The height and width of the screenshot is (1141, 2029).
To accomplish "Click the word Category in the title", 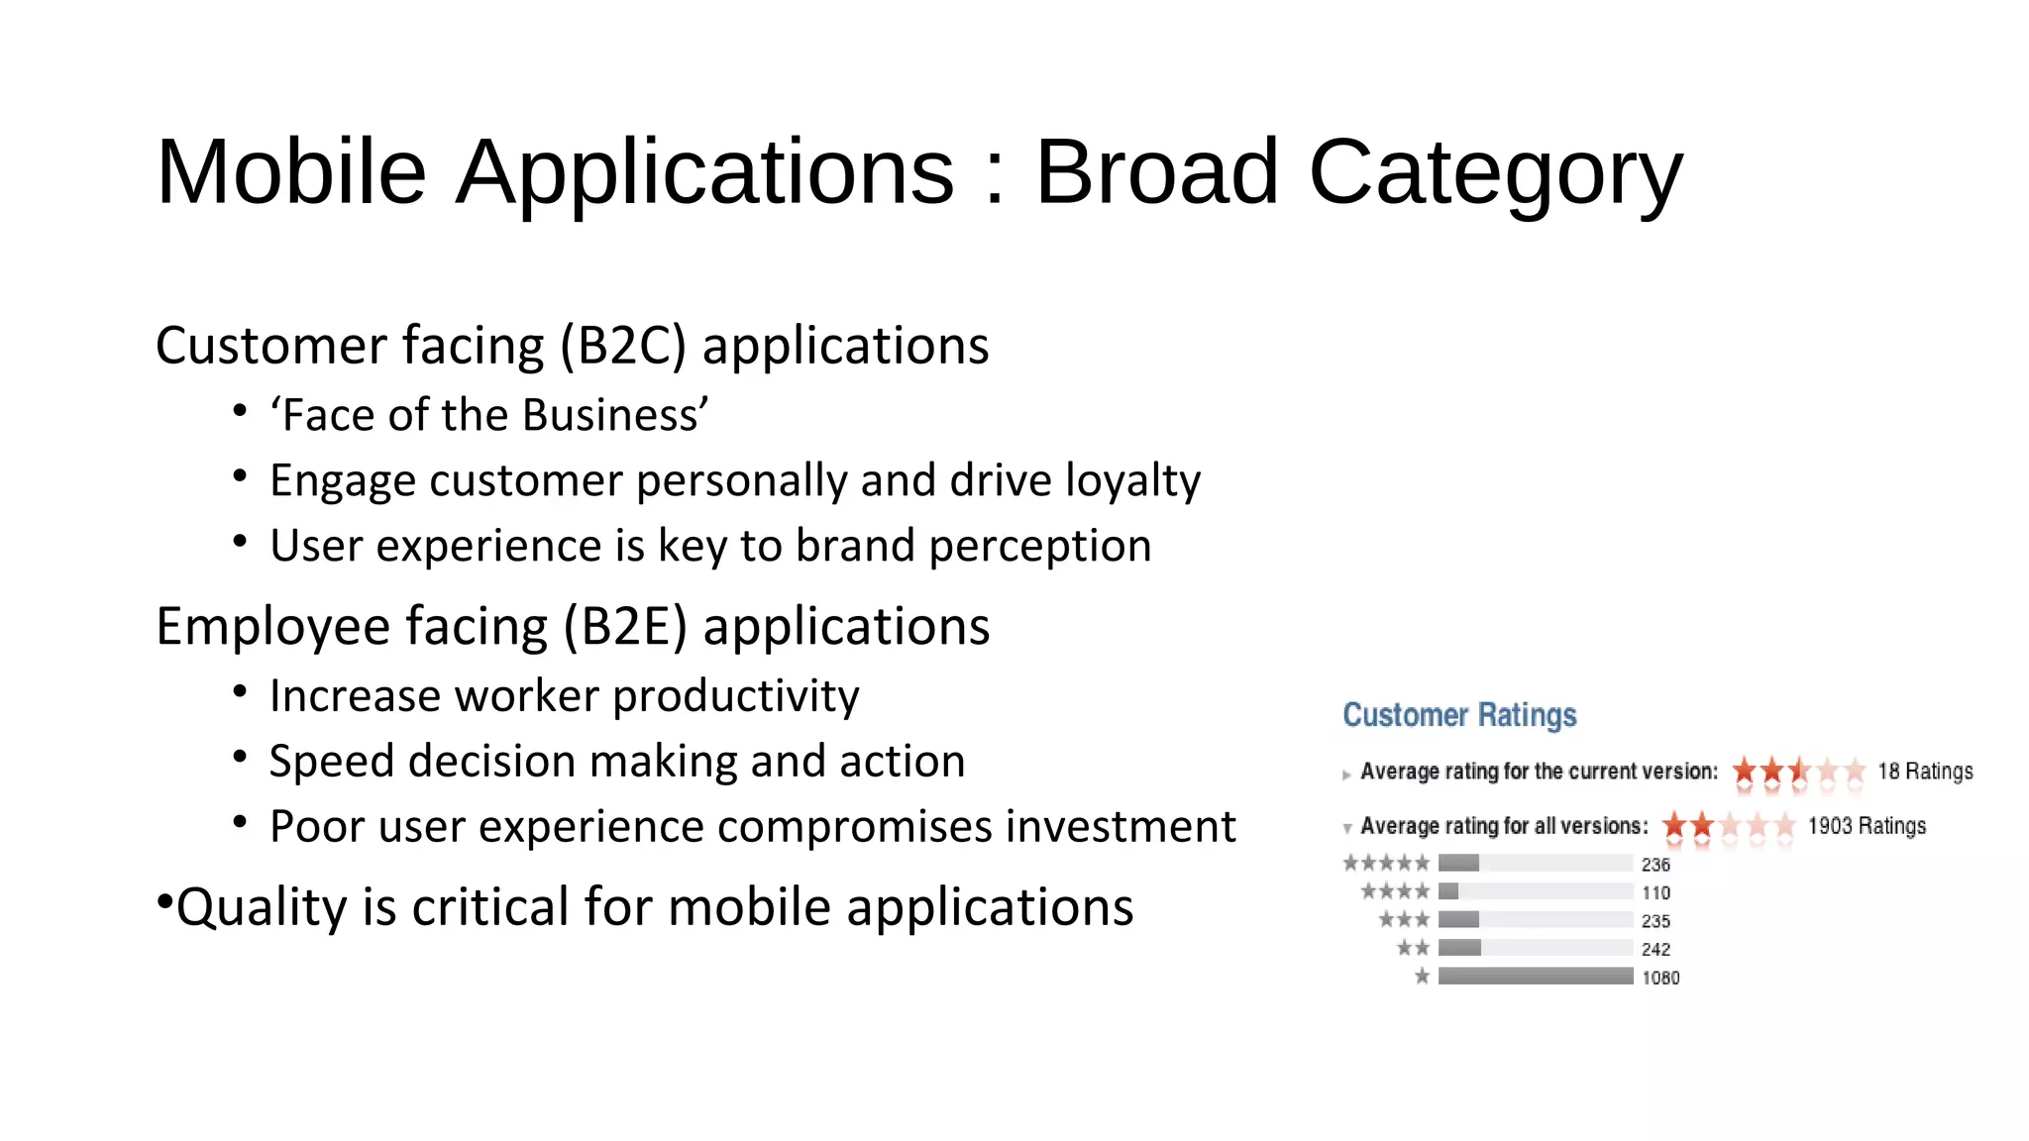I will [1495, 174].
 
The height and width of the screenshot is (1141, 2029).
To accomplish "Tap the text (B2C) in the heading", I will [622, 346].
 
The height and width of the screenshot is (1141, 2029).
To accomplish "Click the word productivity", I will [735, 696].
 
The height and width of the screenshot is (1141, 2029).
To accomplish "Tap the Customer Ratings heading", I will [1459, 715].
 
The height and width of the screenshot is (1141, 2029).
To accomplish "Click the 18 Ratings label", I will [1925, 772].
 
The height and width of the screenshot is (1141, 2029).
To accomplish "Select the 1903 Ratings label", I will [1867, 826].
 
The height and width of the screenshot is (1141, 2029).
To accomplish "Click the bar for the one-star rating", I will [1535, 977].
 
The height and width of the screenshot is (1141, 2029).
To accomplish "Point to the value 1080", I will [1660, 978].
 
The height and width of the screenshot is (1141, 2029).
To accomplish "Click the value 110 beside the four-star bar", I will [1655, 892].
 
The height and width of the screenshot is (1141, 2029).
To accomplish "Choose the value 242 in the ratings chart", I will [1655, 949].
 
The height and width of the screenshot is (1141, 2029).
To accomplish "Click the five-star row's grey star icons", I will [1386, 863].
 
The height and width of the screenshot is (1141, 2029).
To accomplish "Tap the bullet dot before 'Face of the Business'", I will [240, 410].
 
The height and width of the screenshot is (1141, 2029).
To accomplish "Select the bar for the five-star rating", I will [1458, 863].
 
